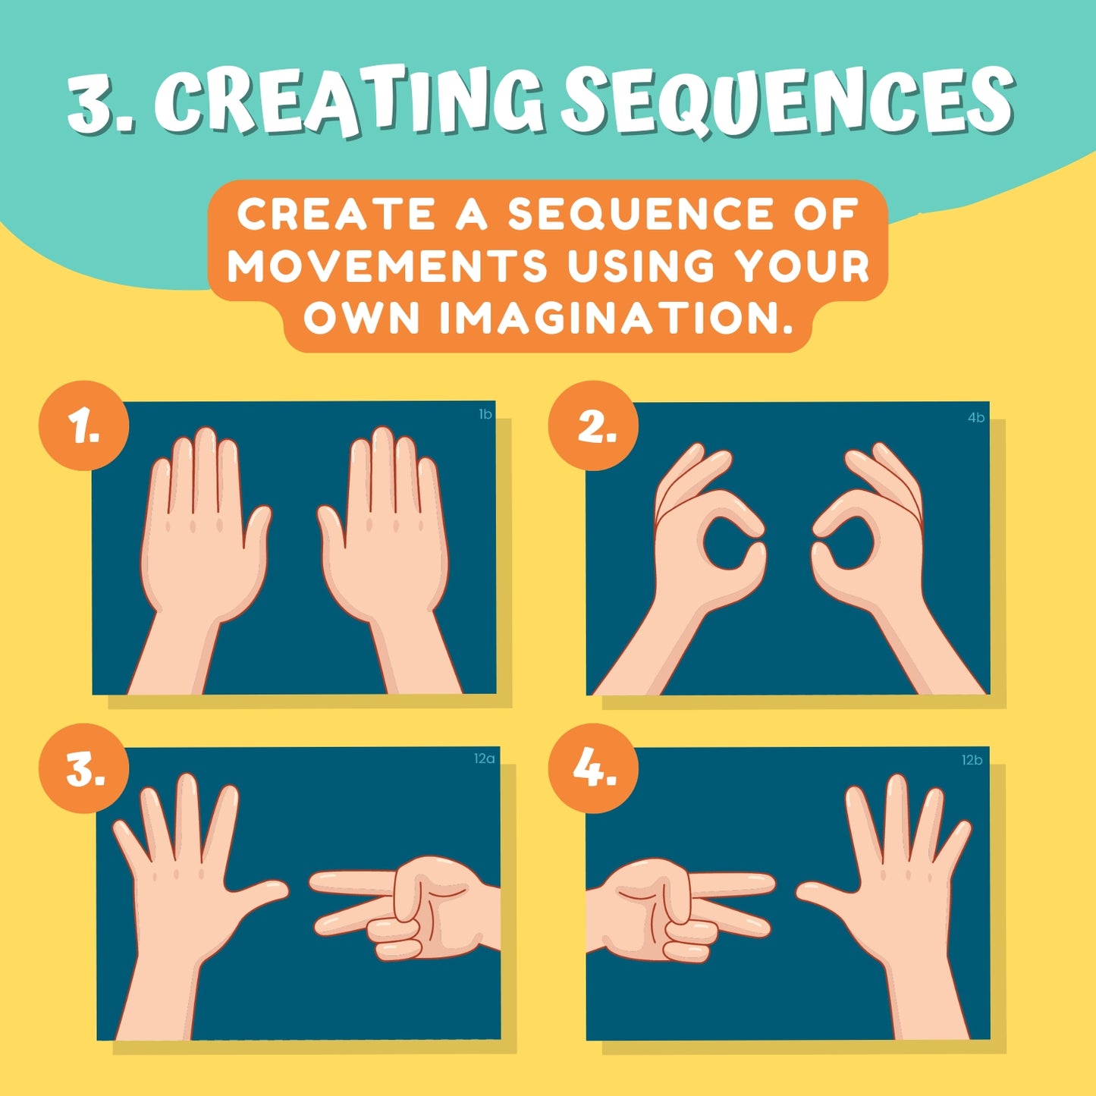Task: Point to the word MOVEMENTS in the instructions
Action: coord(388,265)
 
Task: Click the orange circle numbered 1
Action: coord(83,426)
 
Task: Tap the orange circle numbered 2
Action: coord(593,426)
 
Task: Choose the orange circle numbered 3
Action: coord(83,768)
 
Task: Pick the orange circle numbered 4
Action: coord(593,768)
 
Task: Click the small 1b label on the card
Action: coord(485,414)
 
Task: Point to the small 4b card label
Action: coord(976,417)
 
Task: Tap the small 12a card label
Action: coord(484,758)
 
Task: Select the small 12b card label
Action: coord(972,760)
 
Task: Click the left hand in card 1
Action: coord(199,557)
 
